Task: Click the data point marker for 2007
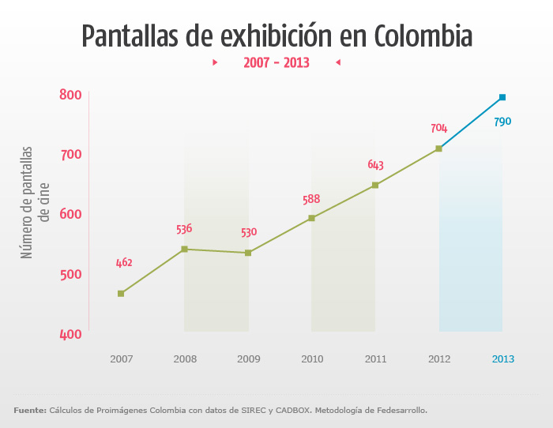(x=121, y=294)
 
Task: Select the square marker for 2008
(x=184, y=249)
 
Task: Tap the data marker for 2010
(x=311, y=218)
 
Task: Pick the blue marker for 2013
(x=502, y=97)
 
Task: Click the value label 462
(x=124, y=263)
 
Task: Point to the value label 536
(x=184, y=229)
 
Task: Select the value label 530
(x=249, y=232)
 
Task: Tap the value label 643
(x=375, y=165)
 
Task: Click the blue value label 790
(x=502, y=122)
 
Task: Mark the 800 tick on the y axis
(x=71, y=95)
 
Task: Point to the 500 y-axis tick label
(x=71, y=274)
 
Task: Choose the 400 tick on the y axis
(x=71, y=334)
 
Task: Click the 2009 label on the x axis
(x=248, y=359)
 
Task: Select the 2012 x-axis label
(x=439, y=359)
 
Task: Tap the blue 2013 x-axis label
(x=502, y=359)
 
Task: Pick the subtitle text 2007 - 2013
(x=276, y=62)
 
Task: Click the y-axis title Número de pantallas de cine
(x=36, y=201)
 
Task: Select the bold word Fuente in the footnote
(x=29, y=410)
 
